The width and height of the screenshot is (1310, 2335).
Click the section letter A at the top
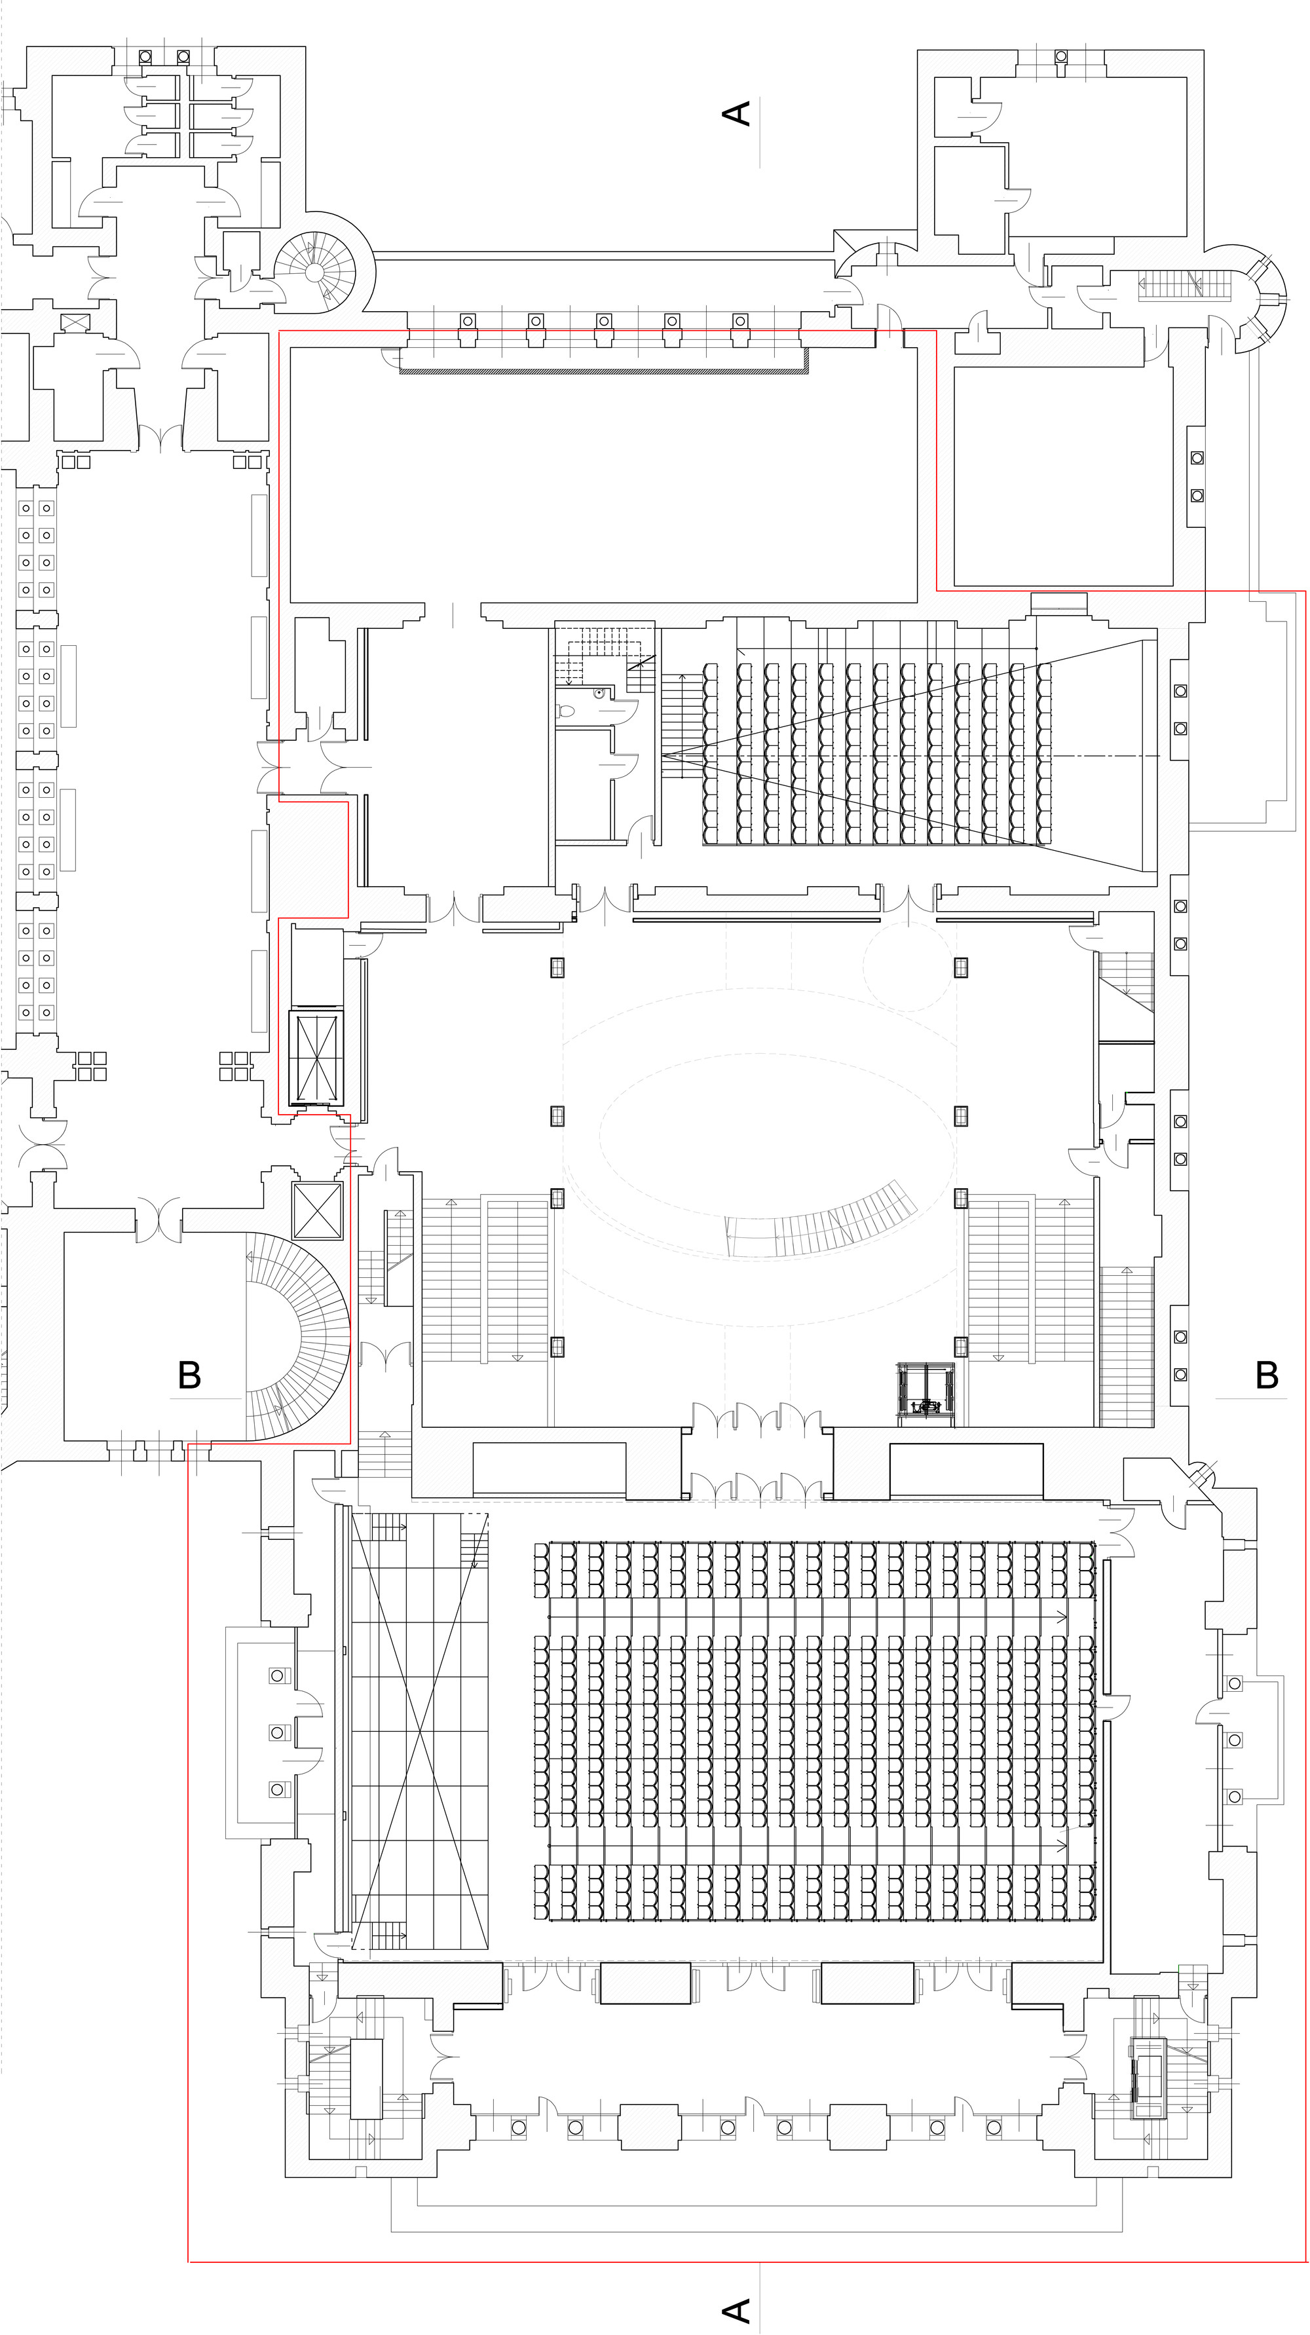click(736, 113)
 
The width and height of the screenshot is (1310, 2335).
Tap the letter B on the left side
click(189, 1375)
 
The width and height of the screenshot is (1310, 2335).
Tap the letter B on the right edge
click(1267, 1375)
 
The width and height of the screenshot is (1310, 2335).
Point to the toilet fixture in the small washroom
click(566, 711)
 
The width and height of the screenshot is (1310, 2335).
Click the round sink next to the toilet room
click(600, 694)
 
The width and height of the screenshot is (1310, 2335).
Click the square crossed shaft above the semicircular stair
click(317, 1210)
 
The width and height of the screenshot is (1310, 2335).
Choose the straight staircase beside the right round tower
click(1183, 285)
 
